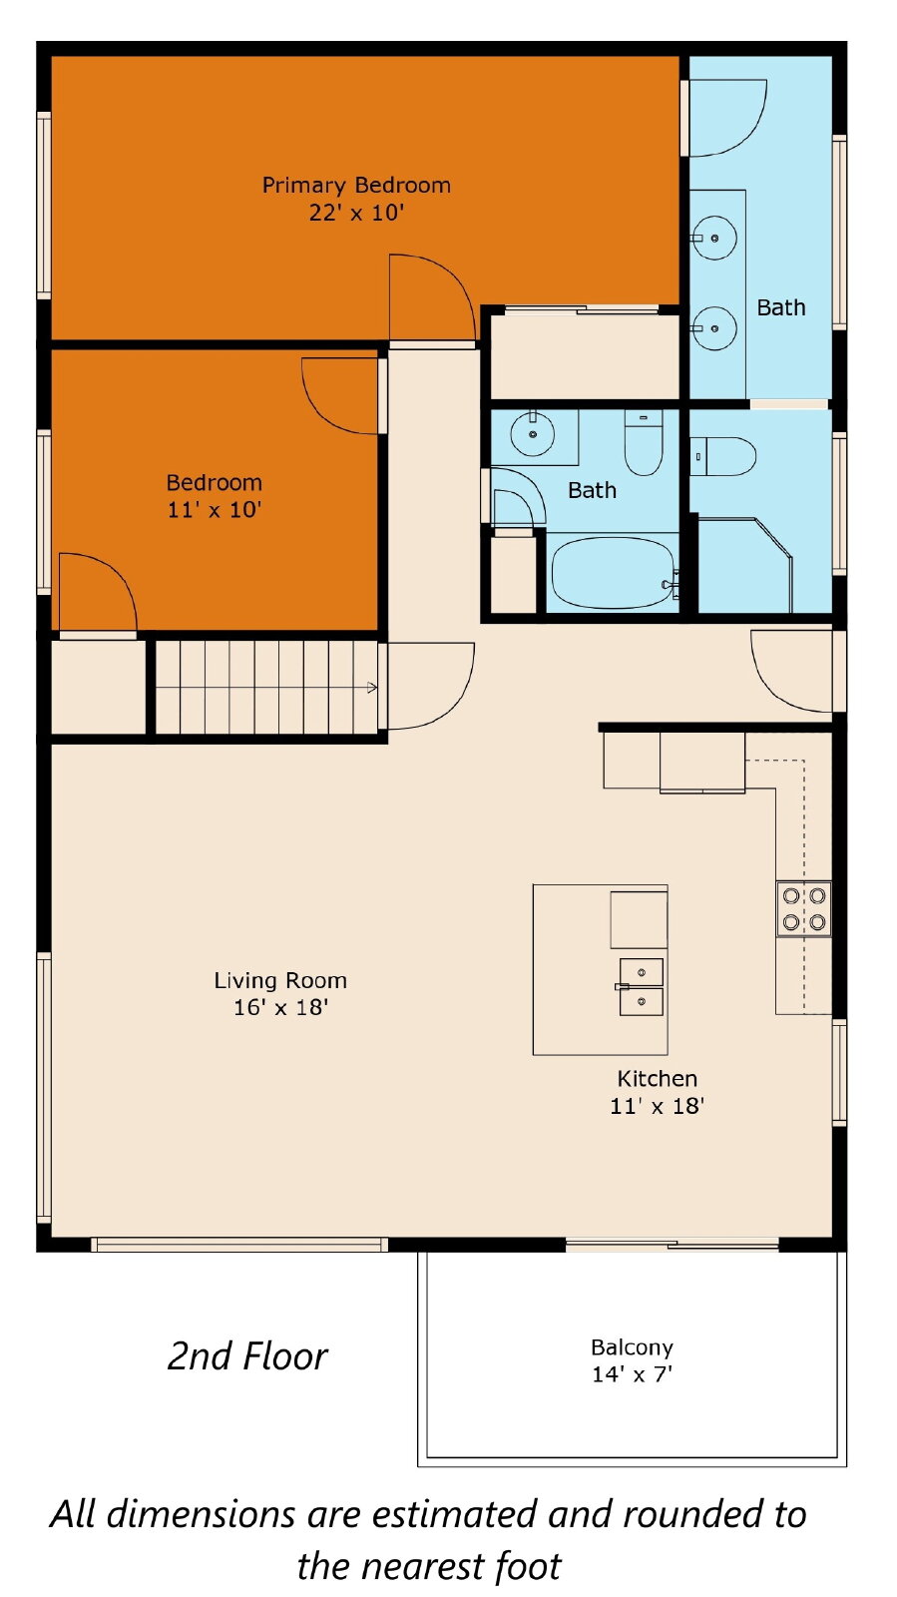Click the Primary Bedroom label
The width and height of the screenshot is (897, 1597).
click(x=356, y=186)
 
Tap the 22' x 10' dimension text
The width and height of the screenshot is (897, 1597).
click(x=356, y=213)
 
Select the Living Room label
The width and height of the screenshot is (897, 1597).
click(x=280, y=980)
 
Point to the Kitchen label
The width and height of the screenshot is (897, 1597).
click(x=657, y=1078)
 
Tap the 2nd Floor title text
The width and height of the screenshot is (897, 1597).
click(x=247, y=1356)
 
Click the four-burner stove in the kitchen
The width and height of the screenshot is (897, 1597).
click(x=803, y=909)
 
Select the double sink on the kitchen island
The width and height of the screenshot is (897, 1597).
click(x=641, y=987)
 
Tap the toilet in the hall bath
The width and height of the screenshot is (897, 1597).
click(x=644, y=442)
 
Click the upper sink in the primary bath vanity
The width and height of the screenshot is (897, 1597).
click(x=713, y=239)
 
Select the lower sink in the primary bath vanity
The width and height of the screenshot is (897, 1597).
click(x=713, y=328)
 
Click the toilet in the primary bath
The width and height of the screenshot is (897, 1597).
click(x=722, y=456)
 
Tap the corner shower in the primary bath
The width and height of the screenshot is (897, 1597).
click(x=744, y=565)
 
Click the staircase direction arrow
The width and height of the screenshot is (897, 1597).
click(x=372, y=688)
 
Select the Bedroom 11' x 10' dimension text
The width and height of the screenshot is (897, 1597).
click(x=215, y=510)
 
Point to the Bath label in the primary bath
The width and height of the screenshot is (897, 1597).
click(x=781, y=307)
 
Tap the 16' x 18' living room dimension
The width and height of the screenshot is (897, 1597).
click(x=280, y=1007)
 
